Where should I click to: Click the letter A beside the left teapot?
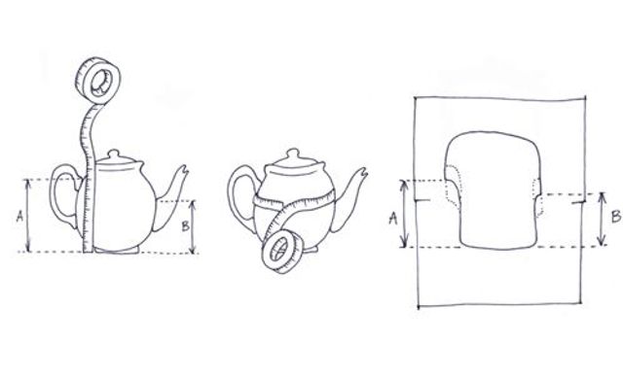[19, 216]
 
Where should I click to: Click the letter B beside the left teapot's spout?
[186, 226]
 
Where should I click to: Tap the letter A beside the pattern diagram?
[393, 218]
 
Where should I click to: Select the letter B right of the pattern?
[616, 217]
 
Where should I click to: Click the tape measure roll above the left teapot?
[97, 82]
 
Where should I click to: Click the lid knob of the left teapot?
[114, 154]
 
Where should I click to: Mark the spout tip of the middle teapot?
[363, 171]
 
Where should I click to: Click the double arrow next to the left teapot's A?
[28, 216]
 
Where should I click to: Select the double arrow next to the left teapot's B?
[193, 226]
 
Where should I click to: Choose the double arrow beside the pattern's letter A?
[404, 214]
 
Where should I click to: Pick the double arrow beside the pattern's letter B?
[603, 219]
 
